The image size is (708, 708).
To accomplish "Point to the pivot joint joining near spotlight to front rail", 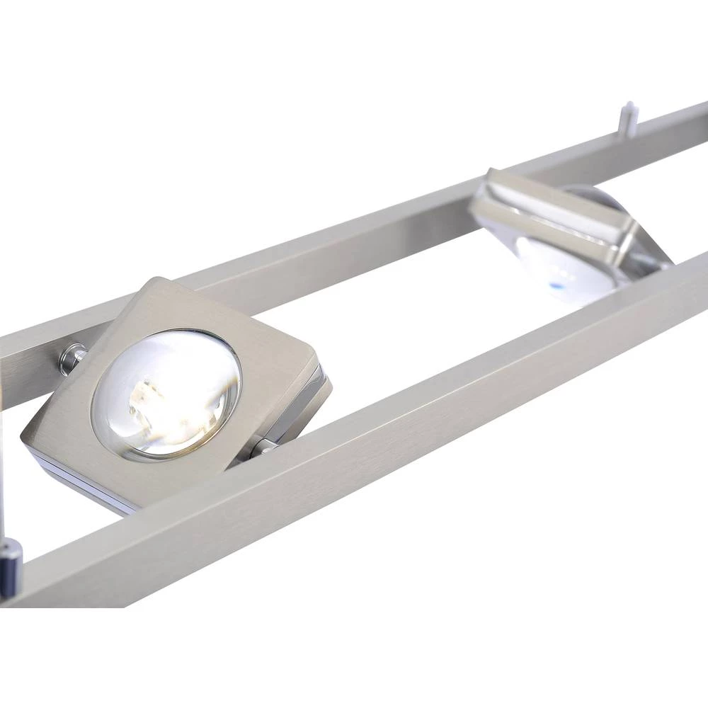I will (x=262, y=446).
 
